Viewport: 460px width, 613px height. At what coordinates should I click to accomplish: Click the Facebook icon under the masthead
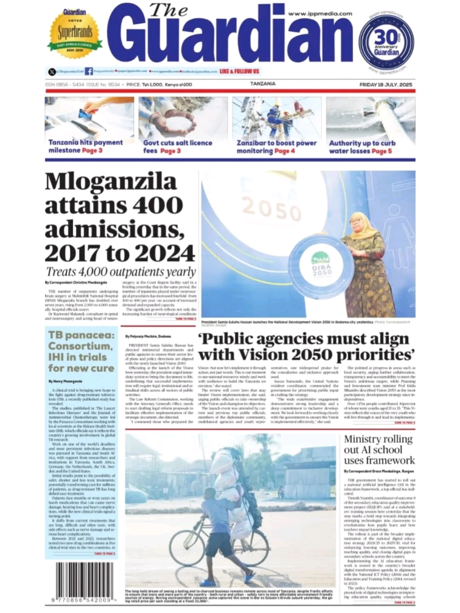pos(89,71)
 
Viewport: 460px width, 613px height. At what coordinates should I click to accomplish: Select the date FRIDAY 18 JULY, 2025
pos(386,85)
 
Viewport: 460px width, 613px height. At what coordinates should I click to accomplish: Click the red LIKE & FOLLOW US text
pos(239,71)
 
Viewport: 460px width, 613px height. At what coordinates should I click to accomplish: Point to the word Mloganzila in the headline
pos(110,181)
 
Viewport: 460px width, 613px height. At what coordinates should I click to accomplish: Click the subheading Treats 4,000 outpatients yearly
pos(121,272)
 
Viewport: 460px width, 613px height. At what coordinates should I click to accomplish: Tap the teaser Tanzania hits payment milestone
pos(86,147)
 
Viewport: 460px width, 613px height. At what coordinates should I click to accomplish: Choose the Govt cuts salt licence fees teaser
pos(178,147)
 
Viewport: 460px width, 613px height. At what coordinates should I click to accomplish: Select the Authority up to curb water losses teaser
pos(362,147)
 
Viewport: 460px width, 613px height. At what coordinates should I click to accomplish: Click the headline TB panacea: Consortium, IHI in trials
pos(81,351)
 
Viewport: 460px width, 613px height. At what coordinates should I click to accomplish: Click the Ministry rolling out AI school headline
pos(379,449)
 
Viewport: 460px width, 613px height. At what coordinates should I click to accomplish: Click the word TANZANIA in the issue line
pos(263,84)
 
